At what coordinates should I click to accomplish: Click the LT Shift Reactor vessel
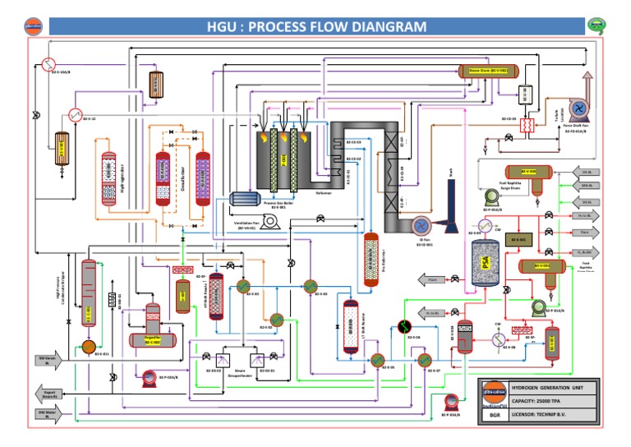point(354,326)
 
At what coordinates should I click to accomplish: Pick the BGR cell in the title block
point(495,415)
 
